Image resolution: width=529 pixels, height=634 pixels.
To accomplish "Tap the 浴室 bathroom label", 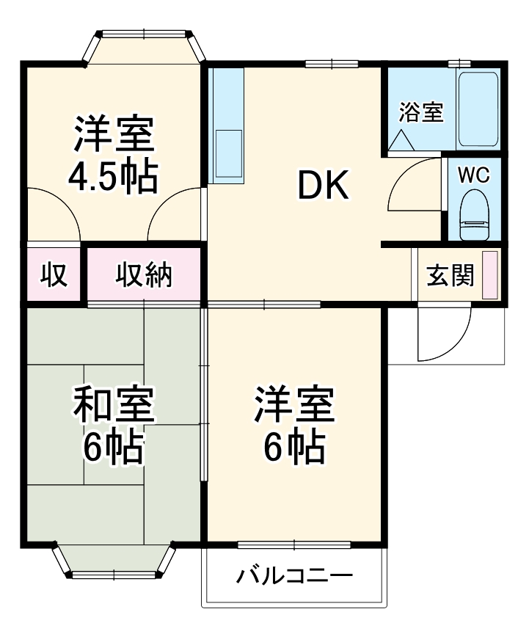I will pyautogui.click(x=421, y=113).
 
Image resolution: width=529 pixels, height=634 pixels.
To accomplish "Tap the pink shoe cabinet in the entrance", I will pyautogui.click(x=489, y=274).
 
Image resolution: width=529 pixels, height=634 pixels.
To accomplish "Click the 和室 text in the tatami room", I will pyautogui.click(x=113, y=404).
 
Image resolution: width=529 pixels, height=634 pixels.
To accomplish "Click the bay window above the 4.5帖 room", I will pyautogui.click(x=144, y=47).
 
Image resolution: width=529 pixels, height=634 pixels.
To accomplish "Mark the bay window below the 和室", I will pyautogui.click(x=114, y=561).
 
